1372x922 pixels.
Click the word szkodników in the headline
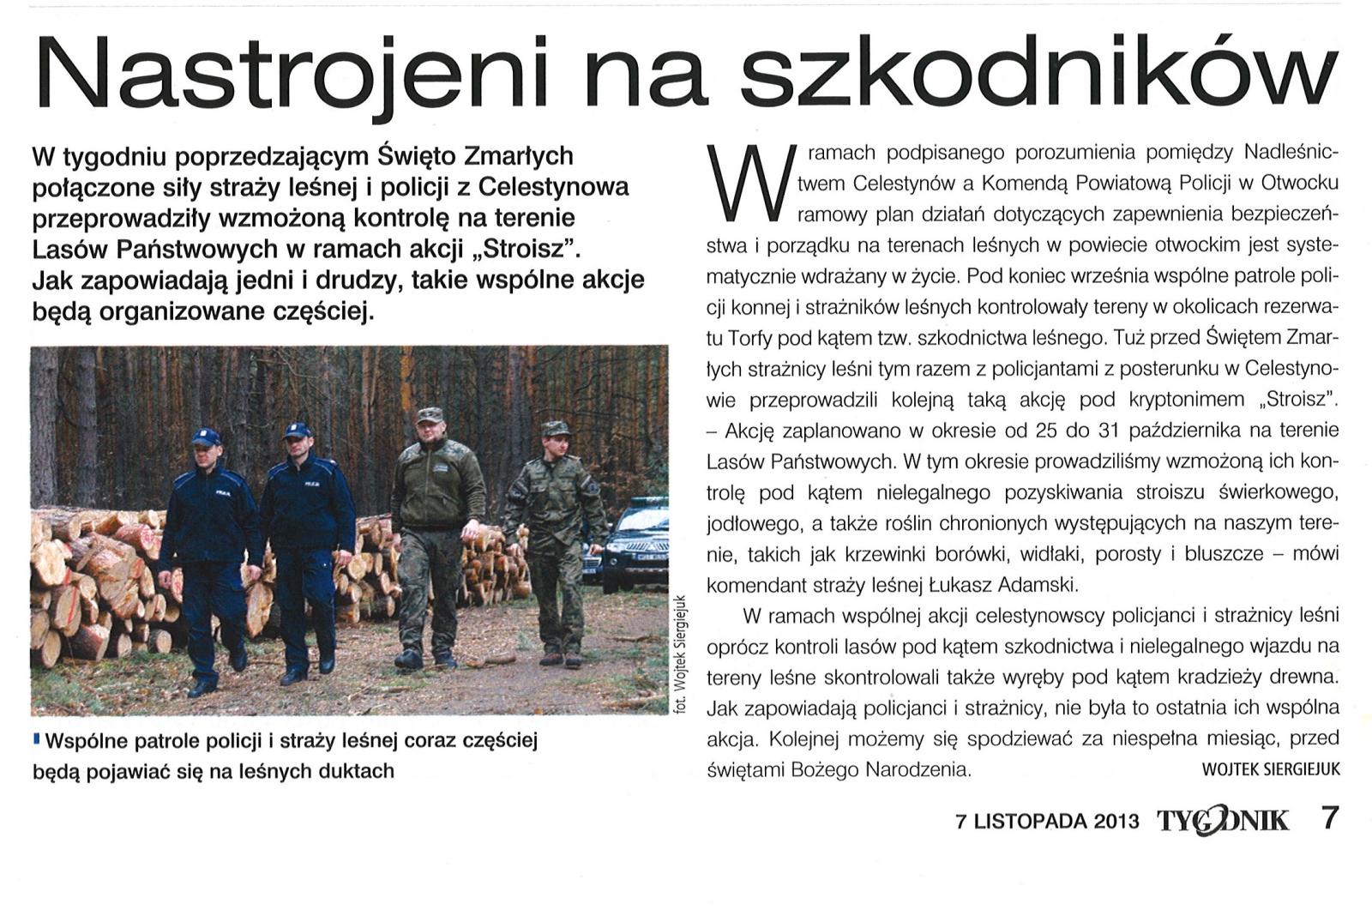point(1038,73)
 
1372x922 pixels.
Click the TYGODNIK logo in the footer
point(1223,821)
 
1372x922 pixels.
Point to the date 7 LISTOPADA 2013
point(1047,821)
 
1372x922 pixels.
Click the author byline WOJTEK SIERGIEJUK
point(1271,769)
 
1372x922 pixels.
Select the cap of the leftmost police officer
point(206,437)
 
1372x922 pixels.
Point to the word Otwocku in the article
point(1303,183)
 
